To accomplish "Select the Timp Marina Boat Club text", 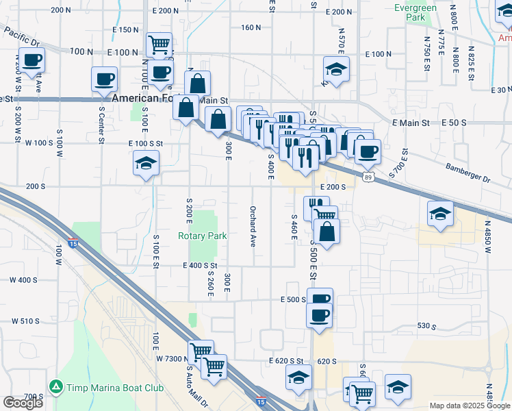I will tap(115, 388).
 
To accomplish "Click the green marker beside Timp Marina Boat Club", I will tap(55, 388).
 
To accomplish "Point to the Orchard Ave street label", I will tap(253, 226).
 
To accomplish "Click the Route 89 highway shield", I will tap(369, 177).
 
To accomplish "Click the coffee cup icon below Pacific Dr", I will tap(31, 60).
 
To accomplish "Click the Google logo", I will tap(23, 403).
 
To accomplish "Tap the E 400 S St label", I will tap(200, 266).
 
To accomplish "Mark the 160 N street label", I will tap(251, 27).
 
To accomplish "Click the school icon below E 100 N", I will tap(337, 69).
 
